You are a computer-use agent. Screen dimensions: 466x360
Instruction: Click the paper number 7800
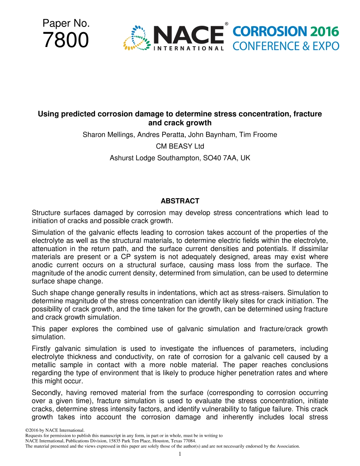(x=66, y=40)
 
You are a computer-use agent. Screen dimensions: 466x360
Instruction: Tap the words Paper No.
(x=66, y=23)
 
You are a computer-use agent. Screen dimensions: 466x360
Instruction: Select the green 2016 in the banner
(x=324, y=32)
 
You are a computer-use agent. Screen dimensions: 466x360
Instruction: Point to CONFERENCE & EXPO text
(x=286, y=46)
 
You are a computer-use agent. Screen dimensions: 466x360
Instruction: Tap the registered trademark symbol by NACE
(x=227, y=24)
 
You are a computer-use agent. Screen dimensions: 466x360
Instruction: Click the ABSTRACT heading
(x=180, y=201)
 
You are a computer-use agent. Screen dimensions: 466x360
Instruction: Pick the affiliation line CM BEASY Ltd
(x=180, y=146)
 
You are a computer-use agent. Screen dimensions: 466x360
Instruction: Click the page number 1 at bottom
(x=180, y=454)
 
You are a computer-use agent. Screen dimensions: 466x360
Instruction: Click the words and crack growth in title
(x=180, y=123)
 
